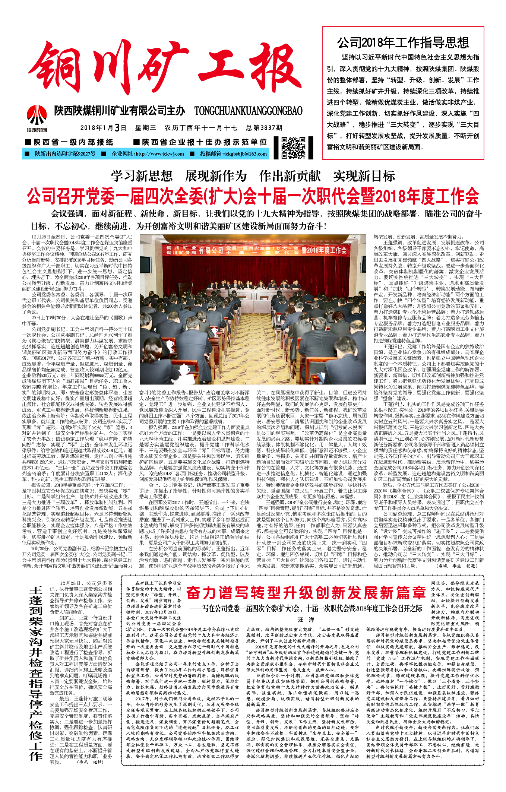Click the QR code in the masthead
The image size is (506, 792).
(x=293, y=148)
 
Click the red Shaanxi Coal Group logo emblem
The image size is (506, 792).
(x=37, y=115)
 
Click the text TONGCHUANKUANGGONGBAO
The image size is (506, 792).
(x=248, y=111)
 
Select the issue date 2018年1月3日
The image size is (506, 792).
(x=103, y=128)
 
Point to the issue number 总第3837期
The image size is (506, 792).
(x=264, y=128)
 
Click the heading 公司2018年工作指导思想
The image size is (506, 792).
(x=403, y=43)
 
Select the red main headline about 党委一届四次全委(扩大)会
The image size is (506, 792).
(x=253, y=196)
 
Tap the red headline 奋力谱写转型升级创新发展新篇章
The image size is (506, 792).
(x=306, y=592)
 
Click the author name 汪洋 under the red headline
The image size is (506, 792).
(x=306, y=620)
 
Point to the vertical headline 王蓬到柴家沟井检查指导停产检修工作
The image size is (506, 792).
(x=36, y=671)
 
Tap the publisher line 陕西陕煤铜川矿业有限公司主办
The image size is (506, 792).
(x=120, y=111)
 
